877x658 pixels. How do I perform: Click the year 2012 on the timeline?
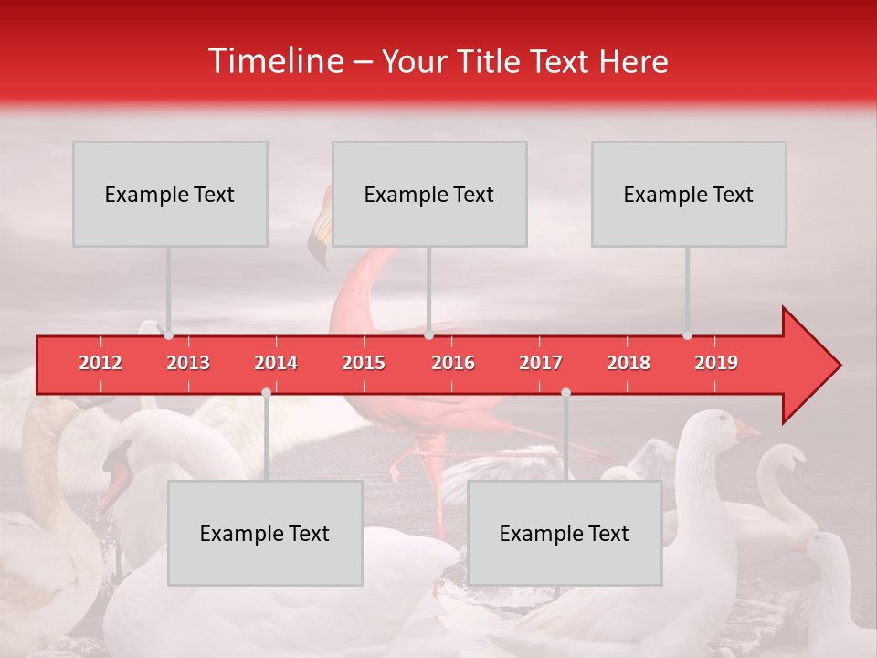[x=100, y=363]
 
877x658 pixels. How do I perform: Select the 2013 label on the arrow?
[x=188, y=363]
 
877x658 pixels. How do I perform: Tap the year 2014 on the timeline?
[x=276, y=363]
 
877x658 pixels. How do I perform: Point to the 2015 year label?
[x=364, y=363]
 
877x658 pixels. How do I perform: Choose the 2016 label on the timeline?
[x=453, y=363]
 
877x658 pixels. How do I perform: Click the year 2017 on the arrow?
[x=541, y=363]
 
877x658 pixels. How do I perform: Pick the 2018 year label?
[x=629, y=363]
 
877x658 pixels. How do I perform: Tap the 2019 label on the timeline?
[x=716, y=363]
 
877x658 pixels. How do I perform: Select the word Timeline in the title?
[x=274, y=61]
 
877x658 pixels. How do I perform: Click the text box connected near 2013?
[x=170, y=194]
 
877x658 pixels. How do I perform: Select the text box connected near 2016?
[x=429, y=194]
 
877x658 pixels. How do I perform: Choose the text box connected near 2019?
[x=689, y=194]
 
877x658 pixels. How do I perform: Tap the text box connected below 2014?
[x=265, y=533]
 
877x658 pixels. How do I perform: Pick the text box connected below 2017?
[x=565, y=533]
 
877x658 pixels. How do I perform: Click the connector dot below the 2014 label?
[x=266, y=392]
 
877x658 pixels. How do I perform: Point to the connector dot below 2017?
[x=565, y=392]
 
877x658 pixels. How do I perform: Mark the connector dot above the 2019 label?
[x=687, y=335]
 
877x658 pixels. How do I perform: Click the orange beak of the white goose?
[x=746, y=429]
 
